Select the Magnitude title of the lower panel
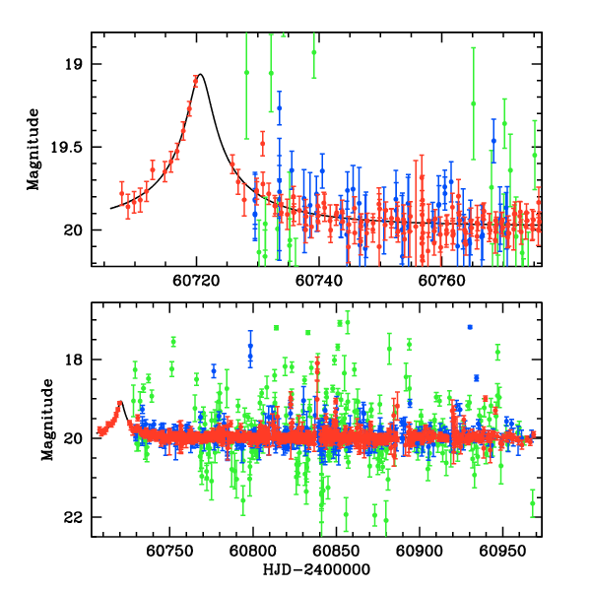tap(33, 421)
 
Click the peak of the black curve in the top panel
tap(201, 74)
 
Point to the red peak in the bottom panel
tap(120, 402)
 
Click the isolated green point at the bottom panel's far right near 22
tap(533, 503)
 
